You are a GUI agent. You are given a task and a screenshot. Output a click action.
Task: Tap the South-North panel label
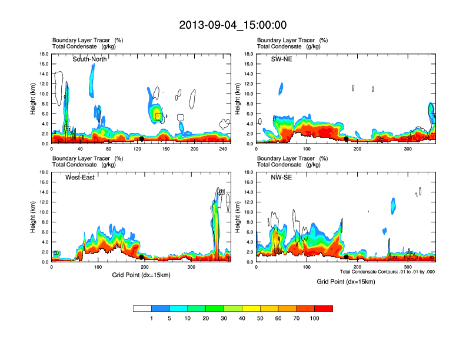point(89,59)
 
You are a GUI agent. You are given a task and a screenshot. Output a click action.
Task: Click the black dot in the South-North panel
point(142,139)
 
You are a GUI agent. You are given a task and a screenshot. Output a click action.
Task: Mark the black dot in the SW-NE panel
point(347,139)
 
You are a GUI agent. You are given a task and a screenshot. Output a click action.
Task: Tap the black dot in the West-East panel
point(142,257)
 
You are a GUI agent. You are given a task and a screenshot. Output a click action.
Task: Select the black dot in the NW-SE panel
point(347,257)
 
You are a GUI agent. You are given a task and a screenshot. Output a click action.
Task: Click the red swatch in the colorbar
point(324,308)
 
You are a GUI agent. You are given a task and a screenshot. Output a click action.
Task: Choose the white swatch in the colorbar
point(142,308)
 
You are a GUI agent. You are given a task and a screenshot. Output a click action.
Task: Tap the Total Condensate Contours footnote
point(387,272)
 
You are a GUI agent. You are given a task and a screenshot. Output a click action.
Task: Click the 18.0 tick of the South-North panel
point(44,54)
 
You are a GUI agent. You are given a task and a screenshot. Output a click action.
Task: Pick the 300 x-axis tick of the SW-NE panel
point(408,149)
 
